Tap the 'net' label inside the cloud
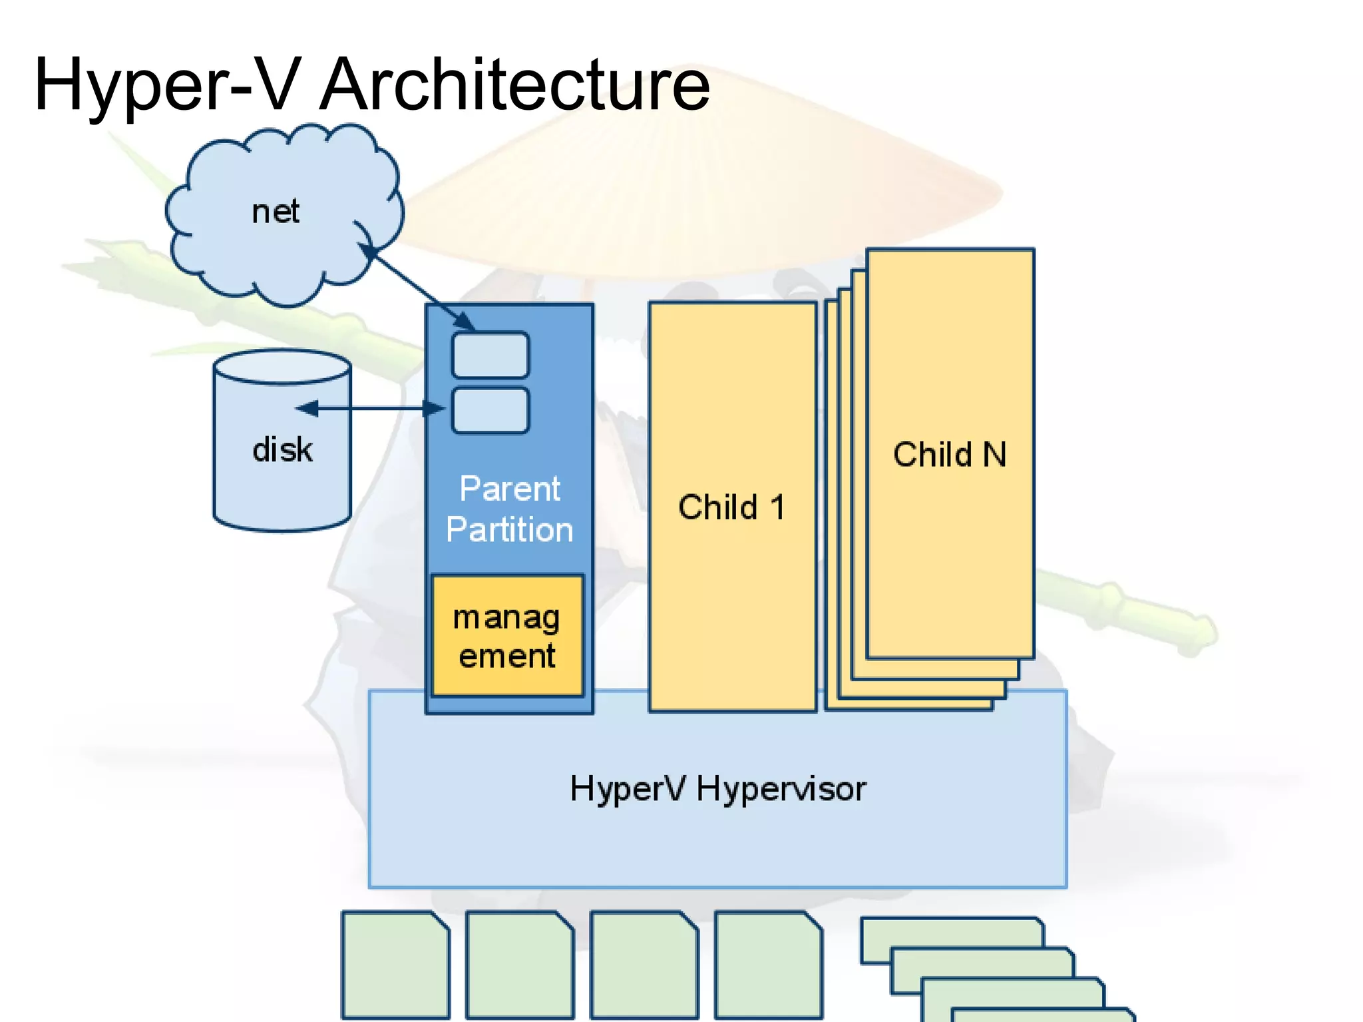click(276, 212)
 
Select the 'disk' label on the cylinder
click(282, 449)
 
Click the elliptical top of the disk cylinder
click(282, 367)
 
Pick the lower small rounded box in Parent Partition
click(490, 410)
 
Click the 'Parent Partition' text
click(510, 509)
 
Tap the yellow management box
click(507, 636)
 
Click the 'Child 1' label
click(731, 507)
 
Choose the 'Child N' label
click(950, 455)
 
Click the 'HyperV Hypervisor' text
click(717, 789)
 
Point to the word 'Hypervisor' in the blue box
click(781, 790)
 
